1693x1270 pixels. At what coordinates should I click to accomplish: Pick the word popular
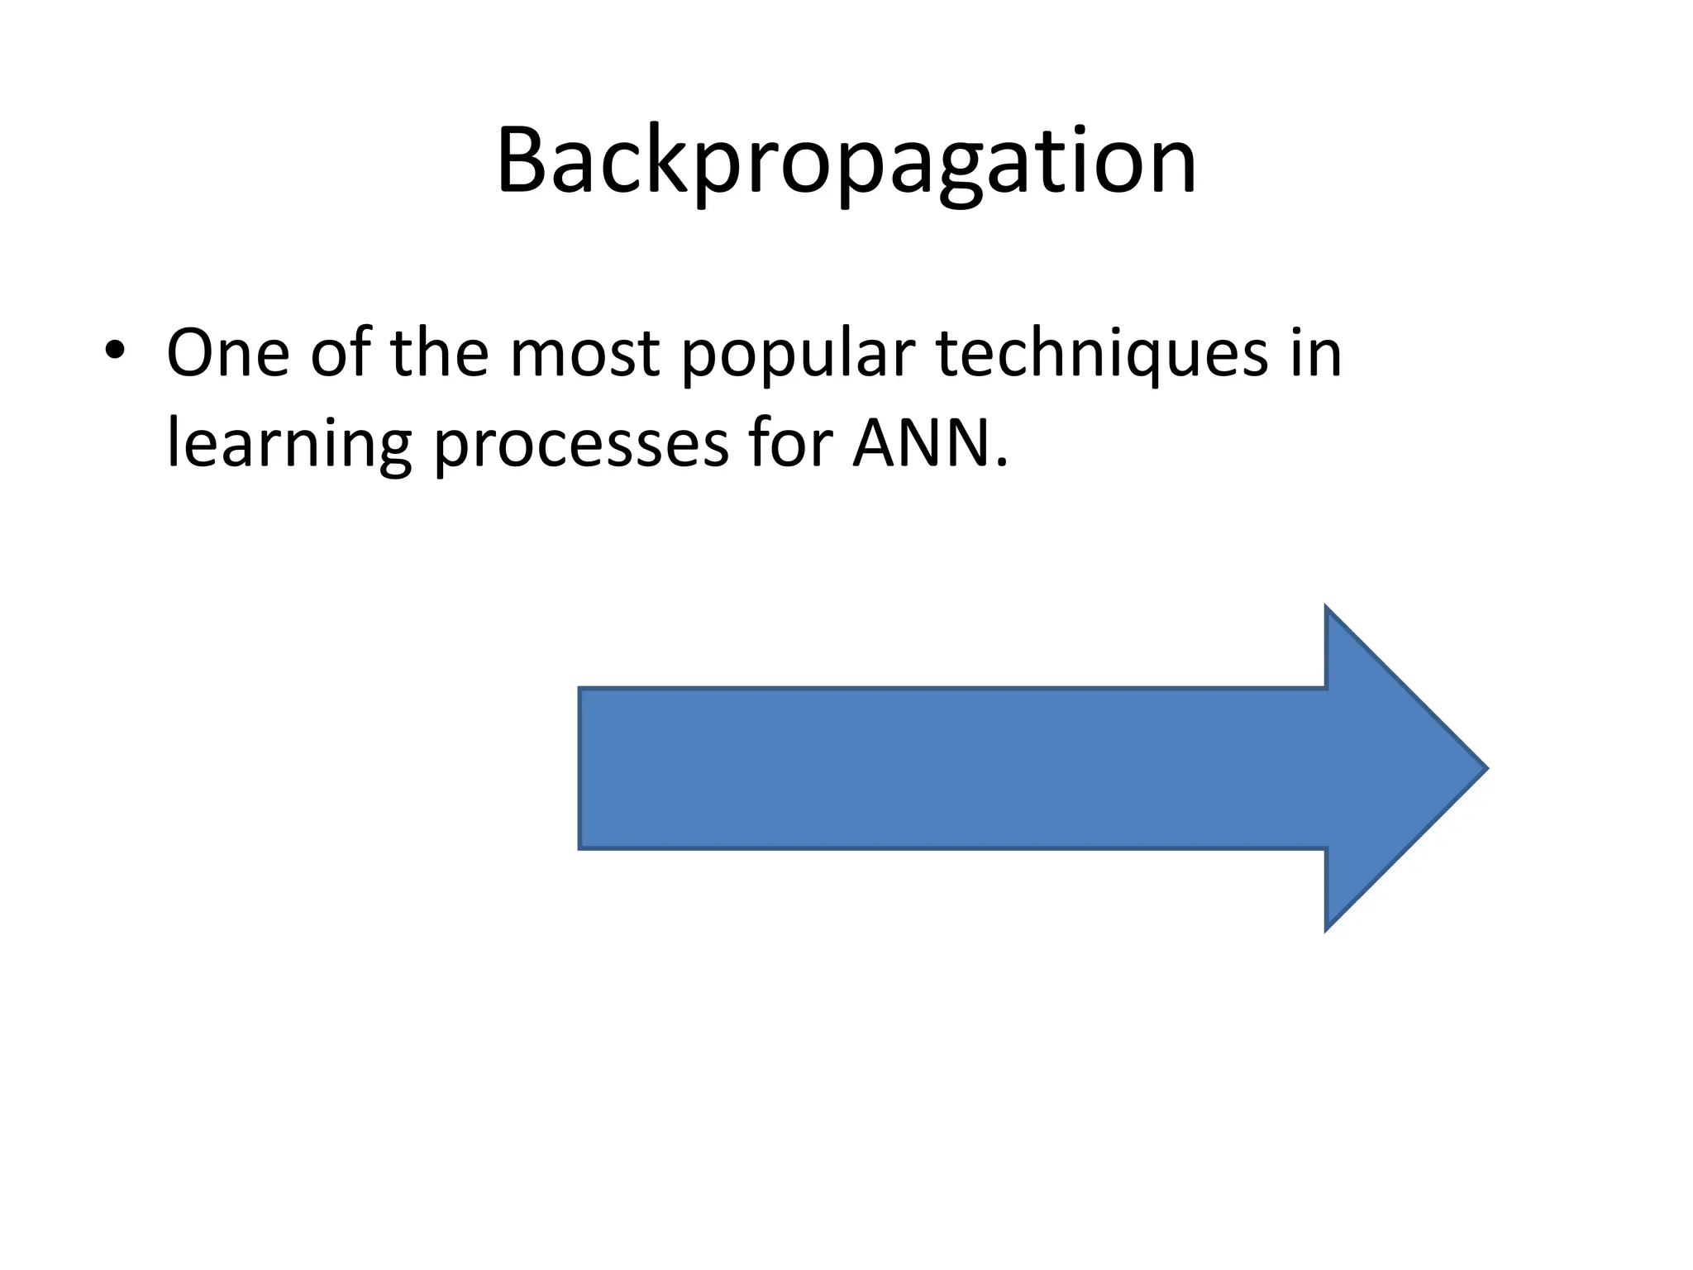(799, 360)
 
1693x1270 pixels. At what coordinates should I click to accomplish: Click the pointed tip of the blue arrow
(1485, 768)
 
